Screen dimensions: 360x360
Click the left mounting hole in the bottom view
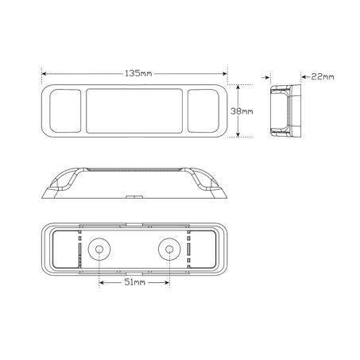(x=99, y=250)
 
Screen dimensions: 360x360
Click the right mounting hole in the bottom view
(x=168, y=250)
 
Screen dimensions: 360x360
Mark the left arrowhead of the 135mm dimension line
(x=44, y=74)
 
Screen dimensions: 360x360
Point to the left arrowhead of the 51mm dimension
(x=100, y=282)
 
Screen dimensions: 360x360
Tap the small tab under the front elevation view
(x=134, y=195)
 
